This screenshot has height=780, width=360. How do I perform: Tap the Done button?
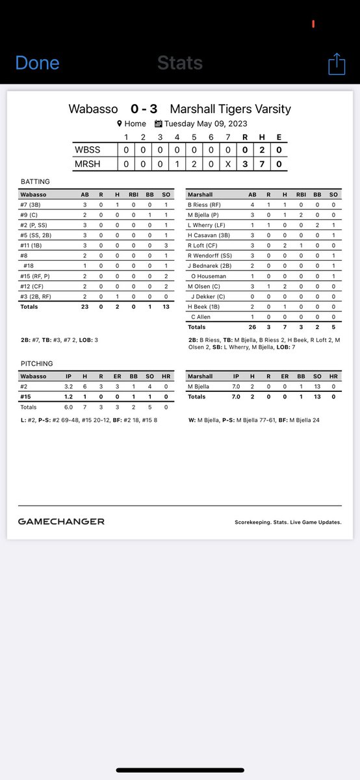coord(37,63)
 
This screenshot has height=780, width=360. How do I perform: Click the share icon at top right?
coord(336,64)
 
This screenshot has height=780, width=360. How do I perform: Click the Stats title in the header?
coord(180,63)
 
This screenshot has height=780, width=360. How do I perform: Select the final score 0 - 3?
coord(143,109)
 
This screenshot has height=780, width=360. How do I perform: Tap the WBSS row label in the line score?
coord(88,150)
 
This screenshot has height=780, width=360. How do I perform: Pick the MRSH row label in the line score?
coord(88,164)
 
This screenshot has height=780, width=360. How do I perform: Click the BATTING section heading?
coord(35,182)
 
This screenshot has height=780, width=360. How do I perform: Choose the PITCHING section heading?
coord(36,363)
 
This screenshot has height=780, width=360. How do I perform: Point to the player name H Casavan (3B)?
coord(209,235)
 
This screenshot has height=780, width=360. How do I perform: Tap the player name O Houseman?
coord(209,276)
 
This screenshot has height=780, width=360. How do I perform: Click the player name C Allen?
coord(203,317)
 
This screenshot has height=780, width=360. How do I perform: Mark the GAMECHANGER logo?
coord(61,521)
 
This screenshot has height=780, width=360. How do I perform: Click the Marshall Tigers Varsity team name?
coord(230,109)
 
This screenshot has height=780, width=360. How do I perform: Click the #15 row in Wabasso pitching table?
coord(27,396)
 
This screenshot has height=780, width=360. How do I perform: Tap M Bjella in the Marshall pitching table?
coord(201,386)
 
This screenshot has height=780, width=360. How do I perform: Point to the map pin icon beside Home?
coord(120,123)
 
